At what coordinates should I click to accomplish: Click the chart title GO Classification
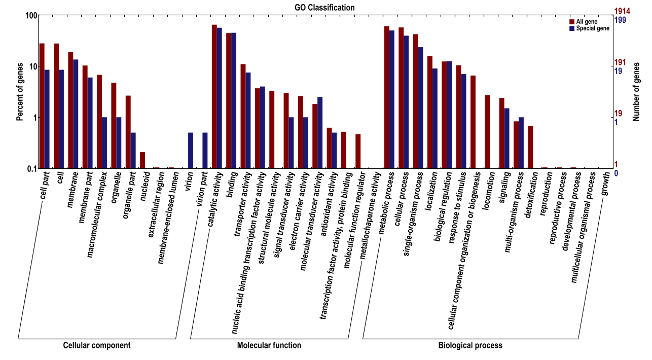pos(324,8)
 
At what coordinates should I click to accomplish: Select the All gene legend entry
pos(587,22)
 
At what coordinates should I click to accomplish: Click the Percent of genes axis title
pos(20,91)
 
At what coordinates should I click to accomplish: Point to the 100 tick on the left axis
pos(31,16)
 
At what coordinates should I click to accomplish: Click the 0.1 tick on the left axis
pos(31,168)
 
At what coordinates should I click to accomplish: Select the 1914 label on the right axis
pos(622,11)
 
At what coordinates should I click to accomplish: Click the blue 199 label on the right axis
pos(620,20)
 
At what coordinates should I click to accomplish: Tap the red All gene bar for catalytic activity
pos(214,96)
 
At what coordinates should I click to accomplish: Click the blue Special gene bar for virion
pos(191,151)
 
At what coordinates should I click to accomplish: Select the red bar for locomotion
pos(487,131)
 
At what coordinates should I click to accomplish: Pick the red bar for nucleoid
pos(142,160)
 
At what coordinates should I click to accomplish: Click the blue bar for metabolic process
pos(391,99)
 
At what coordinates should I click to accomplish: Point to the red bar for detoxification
pos(530,147)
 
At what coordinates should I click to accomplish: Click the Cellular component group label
pos(96,345)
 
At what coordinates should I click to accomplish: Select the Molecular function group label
pos(269,345)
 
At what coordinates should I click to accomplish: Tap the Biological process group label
pos(470,345)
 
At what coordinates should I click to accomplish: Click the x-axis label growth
pos(605,185)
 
